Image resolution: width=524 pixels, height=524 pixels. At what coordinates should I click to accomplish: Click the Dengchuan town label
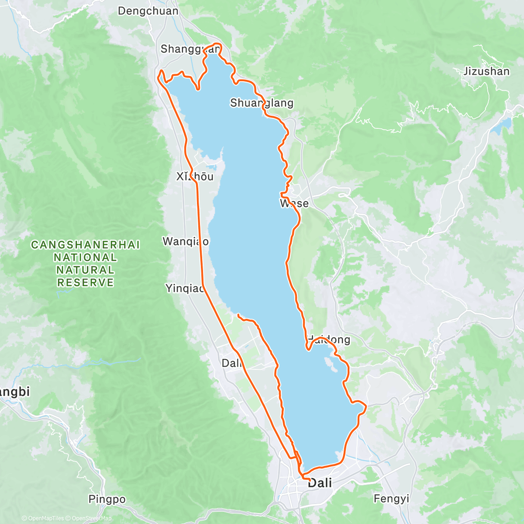(x=148, y=11)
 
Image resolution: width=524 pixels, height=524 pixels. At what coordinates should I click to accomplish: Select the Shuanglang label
(x=262, y=103)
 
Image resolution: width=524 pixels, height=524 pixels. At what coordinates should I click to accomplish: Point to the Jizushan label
(x=486, y=71)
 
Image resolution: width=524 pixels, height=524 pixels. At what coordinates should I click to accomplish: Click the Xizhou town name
(x=195, y=176)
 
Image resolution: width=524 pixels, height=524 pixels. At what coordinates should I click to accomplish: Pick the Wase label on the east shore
(x=294, y=203)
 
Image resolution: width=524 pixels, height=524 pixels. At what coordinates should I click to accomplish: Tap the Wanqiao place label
(x=185, y=241)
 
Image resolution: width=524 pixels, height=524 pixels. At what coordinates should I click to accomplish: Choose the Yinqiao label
(x=185, y=288)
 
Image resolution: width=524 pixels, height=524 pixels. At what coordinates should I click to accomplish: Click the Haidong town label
(x=329, y=340)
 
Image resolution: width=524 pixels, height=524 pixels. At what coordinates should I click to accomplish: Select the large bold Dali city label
(x=320, y=483)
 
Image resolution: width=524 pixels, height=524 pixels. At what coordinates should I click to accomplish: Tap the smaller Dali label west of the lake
(x=231, y=363)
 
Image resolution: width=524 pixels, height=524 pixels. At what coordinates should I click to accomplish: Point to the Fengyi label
(x=391, y=498)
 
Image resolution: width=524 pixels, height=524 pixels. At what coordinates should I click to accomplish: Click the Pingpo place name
(x=107, y=499)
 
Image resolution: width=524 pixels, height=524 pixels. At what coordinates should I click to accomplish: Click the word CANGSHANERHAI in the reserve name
(x=86, y=245)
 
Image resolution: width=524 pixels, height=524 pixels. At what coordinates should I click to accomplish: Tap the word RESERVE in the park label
(x=86, y=283)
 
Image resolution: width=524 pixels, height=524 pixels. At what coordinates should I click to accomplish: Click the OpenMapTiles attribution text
(x=45, y=518)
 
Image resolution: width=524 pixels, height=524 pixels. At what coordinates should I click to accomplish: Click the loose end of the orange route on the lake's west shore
(x=238, y=314)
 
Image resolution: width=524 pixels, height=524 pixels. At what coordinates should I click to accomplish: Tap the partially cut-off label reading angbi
(x=14, y=392)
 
